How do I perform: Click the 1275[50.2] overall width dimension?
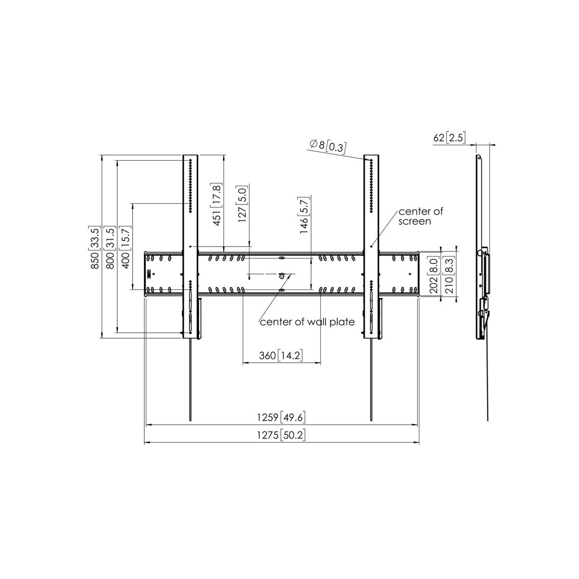click(x=281, y=435)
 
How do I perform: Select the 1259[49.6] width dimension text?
click(x=281, y=417)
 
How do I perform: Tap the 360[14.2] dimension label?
click(x=281, y=356)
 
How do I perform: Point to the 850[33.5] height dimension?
click(x=95, y=248)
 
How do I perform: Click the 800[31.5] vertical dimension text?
click(x=110, y=248)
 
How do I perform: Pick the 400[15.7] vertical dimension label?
click(x=125, y=248)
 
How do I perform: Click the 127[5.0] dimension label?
click(x=243, y=204)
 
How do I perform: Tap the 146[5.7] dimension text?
click(x=303, y=215)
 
